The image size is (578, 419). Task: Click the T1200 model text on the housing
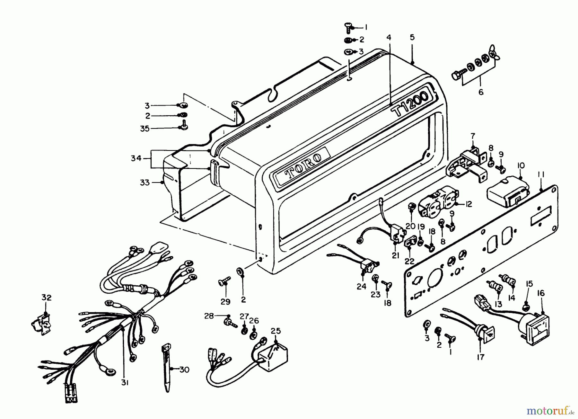coord(410,104)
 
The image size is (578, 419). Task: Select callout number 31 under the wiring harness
coord(125,383)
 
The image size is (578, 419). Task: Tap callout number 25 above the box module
coord(276,331)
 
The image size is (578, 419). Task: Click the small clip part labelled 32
coord(41,321)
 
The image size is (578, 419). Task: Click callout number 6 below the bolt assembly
coord(481,92)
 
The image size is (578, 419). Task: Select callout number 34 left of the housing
coord(136,158)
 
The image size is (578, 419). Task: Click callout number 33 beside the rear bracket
coord(145,183)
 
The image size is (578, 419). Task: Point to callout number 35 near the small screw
coord(145,129)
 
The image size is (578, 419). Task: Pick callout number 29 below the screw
coord(225,301)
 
